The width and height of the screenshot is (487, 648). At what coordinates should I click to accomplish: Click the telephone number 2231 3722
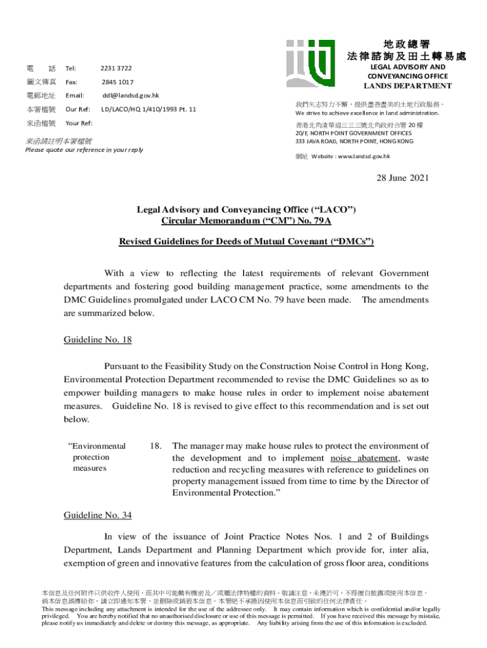[x=116, y=68]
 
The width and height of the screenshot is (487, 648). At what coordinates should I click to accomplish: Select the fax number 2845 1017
[x=117, y=82]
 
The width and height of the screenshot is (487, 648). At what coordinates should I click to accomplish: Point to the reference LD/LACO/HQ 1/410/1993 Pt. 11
[x=149, y=109]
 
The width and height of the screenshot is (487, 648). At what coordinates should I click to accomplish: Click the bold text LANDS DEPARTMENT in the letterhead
[x=407, y=86]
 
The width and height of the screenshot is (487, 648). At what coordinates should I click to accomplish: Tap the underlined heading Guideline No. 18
[x=97, y=340]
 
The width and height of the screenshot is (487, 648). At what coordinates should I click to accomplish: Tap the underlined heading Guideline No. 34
[x=97, y=515]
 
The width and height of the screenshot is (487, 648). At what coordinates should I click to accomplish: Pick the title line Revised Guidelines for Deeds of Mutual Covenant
[x=247, y=242]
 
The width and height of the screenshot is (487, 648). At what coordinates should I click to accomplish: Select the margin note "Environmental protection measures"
[x=97, y=457]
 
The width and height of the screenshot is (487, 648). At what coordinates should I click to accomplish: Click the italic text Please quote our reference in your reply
[x=83, y=150]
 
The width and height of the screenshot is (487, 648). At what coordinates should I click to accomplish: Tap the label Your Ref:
[x=79, y=123]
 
